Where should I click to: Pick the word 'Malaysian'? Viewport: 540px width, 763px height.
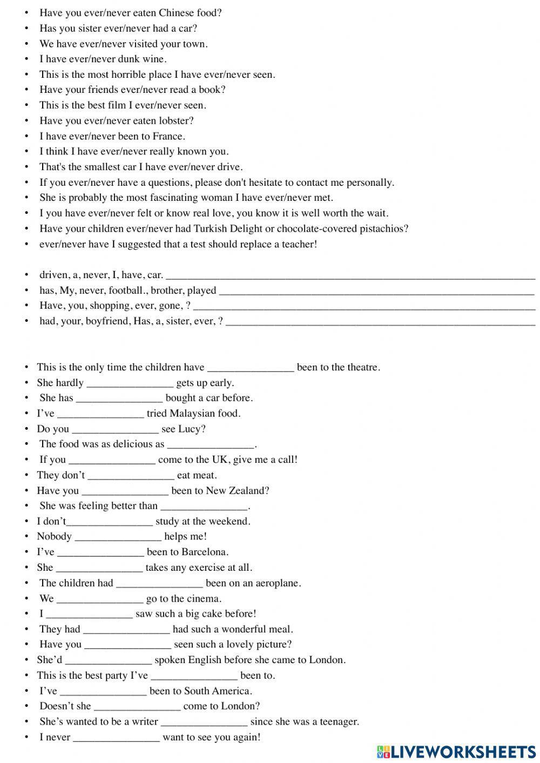193,413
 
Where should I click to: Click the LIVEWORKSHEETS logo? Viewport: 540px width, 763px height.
456,751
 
